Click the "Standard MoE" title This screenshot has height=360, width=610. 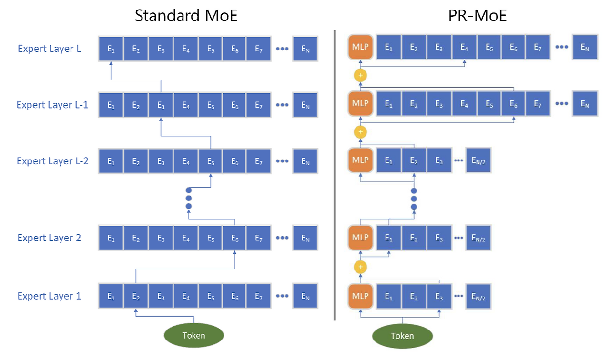pos(186,16)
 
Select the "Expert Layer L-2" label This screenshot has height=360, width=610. pos(52,161)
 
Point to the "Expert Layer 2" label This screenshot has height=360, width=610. pos(49,238)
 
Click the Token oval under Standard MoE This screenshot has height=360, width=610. pos(193,335)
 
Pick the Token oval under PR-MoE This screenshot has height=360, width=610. pos(402,336)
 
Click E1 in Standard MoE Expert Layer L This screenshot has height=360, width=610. pos(111,49)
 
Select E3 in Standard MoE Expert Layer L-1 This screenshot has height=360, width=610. pos(161,105)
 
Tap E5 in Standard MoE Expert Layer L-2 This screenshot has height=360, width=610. pos(211,161)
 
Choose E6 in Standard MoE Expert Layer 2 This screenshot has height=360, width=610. pos(235,238)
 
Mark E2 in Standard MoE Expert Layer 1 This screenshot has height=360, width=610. pos(136,296)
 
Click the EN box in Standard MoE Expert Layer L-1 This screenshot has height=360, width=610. pos(305,105)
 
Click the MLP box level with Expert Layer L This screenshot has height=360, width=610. pos(360,47)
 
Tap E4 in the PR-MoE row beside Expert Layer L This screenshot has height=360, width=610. pos(464,47)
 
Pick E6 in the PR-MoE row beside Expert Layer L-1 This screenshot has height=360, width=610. pos(513,104)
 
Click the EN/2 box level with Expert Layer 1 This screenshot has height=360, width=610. pos(478,296)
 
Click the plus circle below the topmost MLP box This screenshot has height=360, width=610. pos(360,75)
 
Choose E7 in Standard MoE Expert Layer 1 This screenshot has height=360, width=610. pos(259,296)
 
